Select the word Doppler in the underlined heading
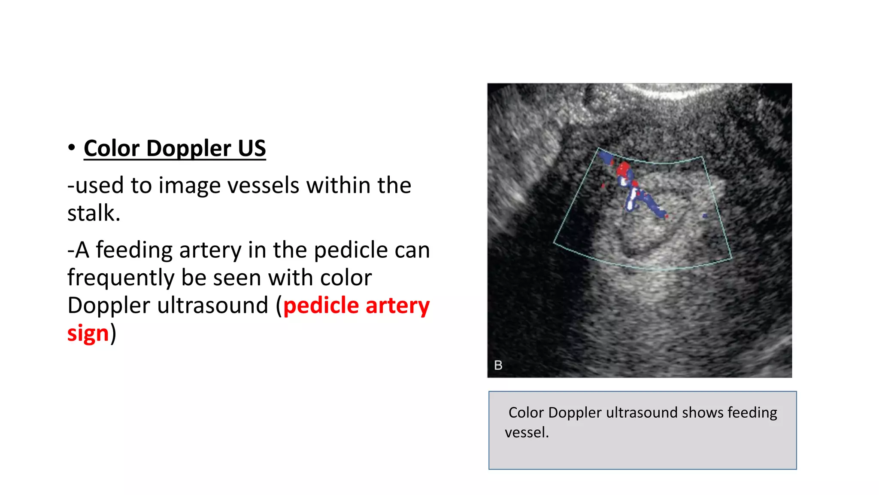tap(188, 149)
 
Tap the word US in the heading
tap(252, 149)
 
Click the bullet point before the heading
tap(72, 147)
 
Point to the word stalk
tap(94, 213)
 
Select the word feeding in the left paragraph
tap(134, 250)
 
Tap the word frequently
tap(121, 278)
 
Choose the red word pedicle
tap(321, 306)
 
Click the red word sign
tap(88, 333)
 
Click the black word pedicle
tap(351, 250)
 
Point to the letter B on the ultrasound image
tap(498, 365)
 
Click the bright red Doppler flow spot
tap(623, 168)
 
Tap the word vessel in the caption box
tap(527, 432)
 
